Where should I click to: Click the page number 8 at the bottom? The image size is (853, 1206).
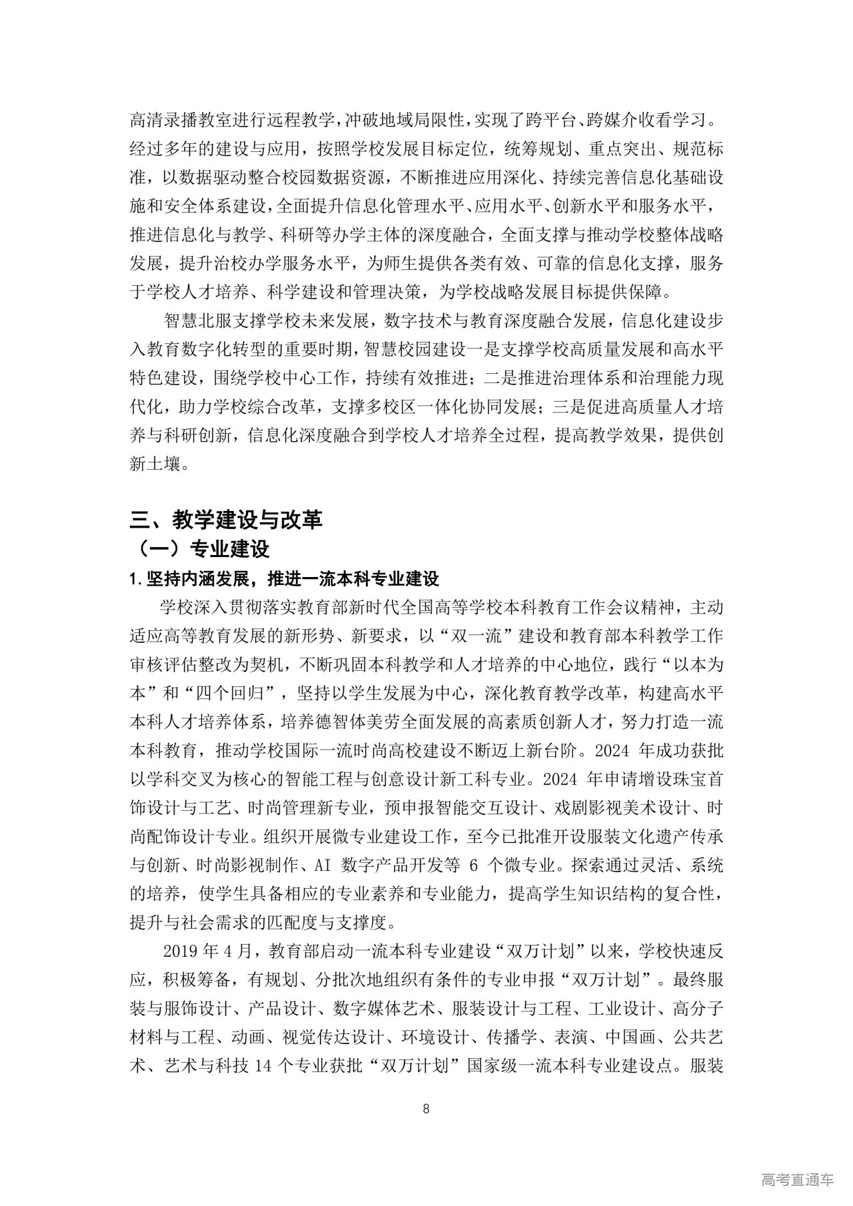click(x=426, y=1109)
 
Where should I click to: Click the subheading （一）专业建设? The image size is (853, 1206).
click(x=203, y=549)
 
